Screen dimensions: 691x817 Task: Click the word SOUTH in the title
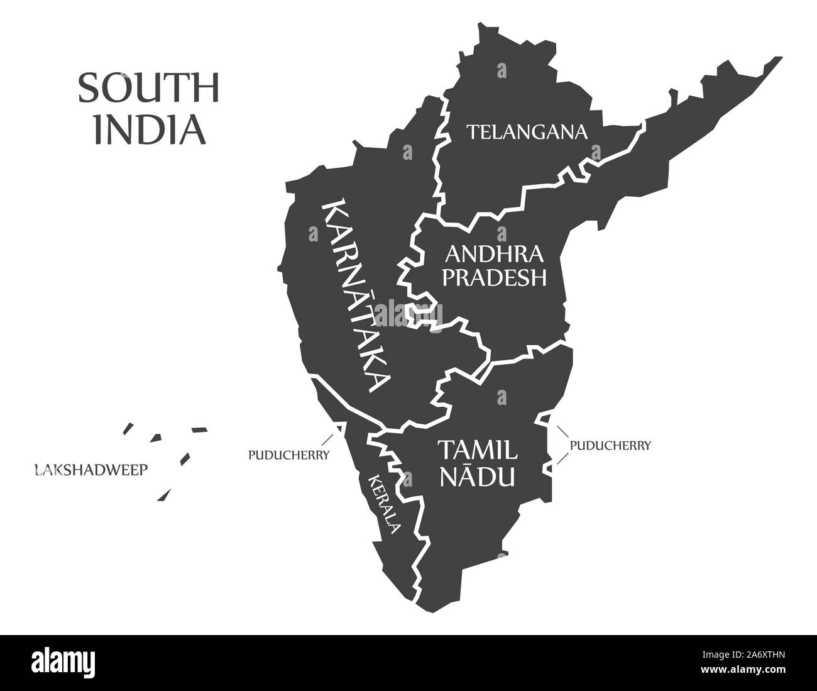(148, 89)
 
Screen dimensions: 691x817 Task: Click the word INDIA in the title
(150, 129)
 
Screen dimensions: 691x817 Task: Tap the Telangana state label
(527, 132)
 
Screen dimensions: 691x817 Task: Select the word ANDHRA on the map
(493, 255)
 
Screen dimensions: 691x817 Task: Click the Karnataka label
(356, 296)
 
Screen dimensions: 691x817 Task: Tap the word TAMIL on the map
(478, 450)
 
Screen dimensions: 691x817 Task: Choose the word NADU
(478, 475)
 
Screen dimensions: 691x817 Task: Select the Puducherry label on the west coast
(288, 454)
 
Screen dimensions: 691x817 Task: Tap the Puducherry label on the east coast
(610, 445)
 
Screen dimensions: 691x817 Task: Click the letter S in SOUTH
(87, 89)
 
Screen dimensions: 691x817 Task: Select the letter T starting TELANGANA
(469, 132)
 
